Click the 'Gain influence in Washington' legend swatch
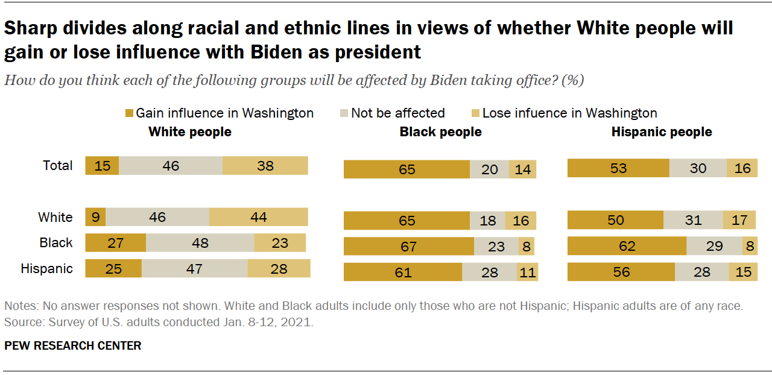click(129, 113)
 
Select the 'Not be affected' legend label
click(397, 113)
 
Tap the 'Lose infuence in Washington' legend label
click(569, 113)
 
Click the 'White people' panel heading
click(190, 131)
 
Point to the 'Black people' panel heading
click(440, 131)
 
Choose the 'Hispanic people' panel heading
click(662, 131)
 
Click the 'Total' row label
click(58, 165)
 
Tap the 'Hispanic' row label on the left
click(47, 268)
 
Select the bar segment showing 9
click(96, 217)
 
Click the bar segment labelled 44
click(258, 217)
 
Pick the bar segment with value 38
click(265, 165)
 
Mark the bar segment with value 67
click(408, 247)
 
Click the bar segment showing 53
click(618, 168)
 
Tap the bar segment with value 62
click(627, 247)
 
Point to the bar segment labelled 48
click(200, 243)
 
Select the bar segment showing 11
click(527, 272)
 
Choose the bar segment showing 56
click(621, 272)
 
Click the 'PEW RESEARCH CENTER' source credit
click(73, 345)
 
